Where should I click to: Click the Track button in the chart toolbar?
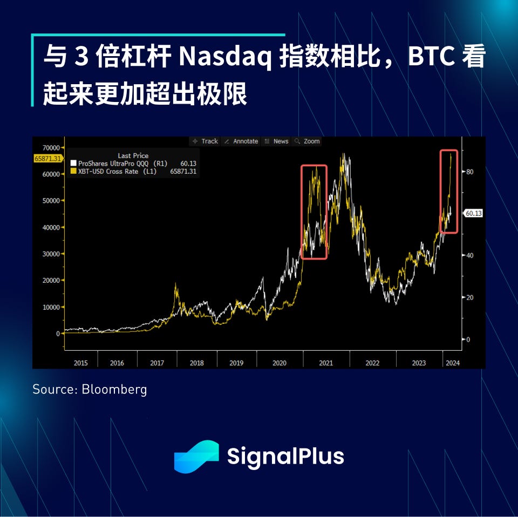coord(205,141)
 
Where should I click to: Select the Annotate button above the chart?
coord(241,141)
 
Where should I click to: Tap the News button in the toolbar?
coord(276,141)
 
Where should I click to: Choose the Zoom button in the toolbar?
coord(307,141)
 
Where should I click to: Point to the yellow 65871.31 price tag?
coord(48,159)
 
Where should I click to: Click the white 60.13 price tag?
coord(473,213)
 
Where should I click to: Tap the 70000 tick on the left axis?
coord(51,148)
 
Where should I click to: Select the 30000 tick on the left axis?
coord(51,254)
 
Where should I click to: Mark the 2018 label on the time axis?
coord(197,363)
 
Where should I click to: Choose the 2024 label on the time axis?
coord(453,363)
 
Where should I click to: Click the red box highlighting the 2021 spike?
coord(301,212)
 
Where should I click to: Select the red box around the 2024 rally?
coord(441,192)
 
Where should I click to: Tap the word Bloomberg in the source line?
coord(114,390)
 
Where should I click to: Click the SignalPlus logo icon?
coord(196,457)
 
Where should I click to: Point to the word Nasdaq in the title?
coord(225,56)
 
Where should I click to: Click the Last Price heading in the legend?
coord(133,155)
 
